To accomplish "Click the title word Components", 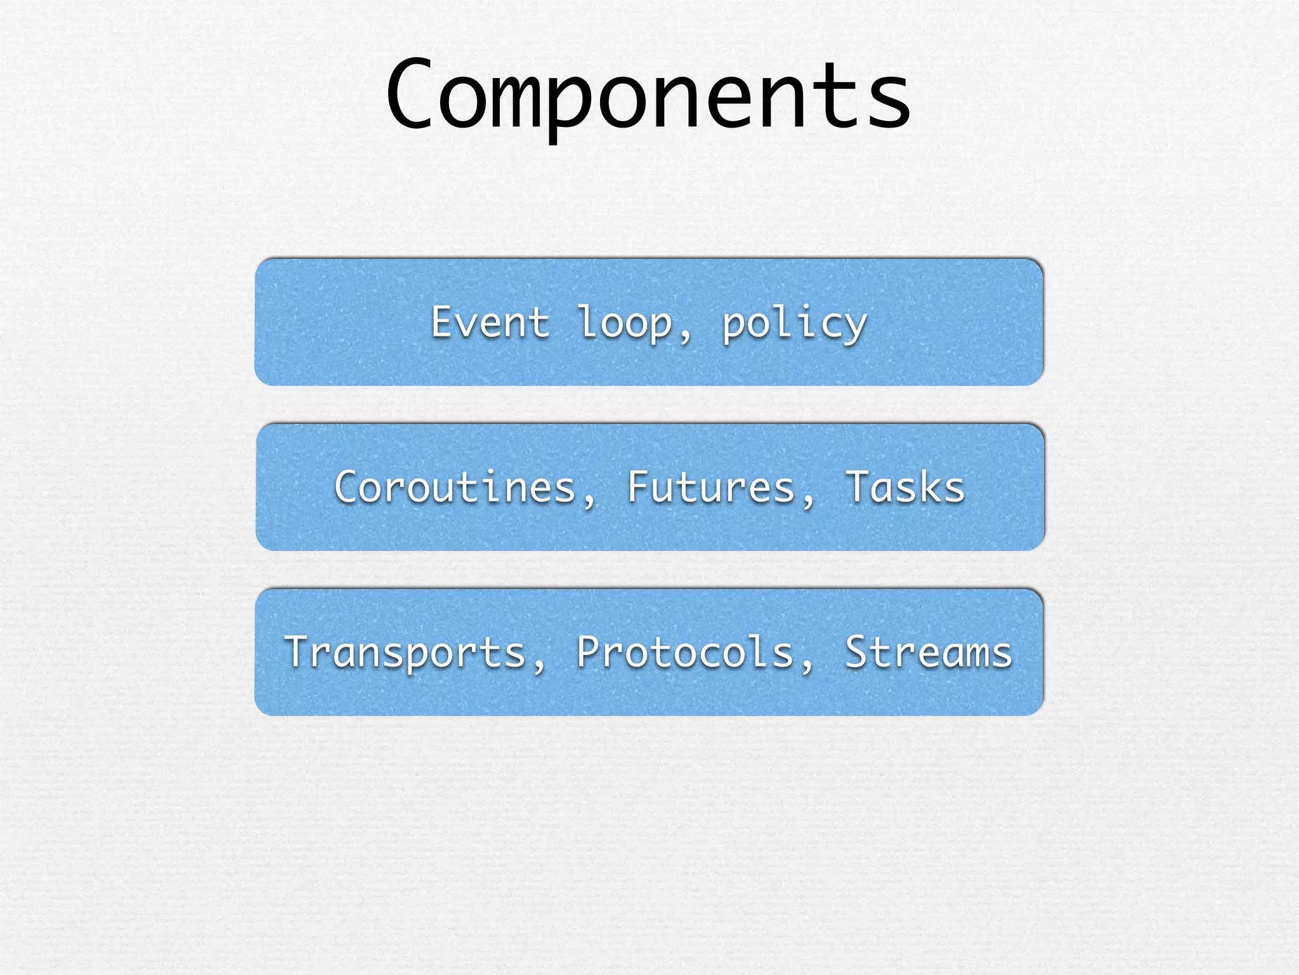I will click(x=648, y=95).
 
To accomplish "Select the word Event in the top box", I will click(x=490, y=322).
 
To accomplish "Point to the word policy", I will click(x=794, y=324).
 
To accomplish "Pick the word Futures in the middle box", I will click(x=711, y=487).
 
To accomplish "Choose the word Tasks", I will click(x=904, y=487).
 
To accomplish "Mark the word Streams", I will click(x=929, y=653).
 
